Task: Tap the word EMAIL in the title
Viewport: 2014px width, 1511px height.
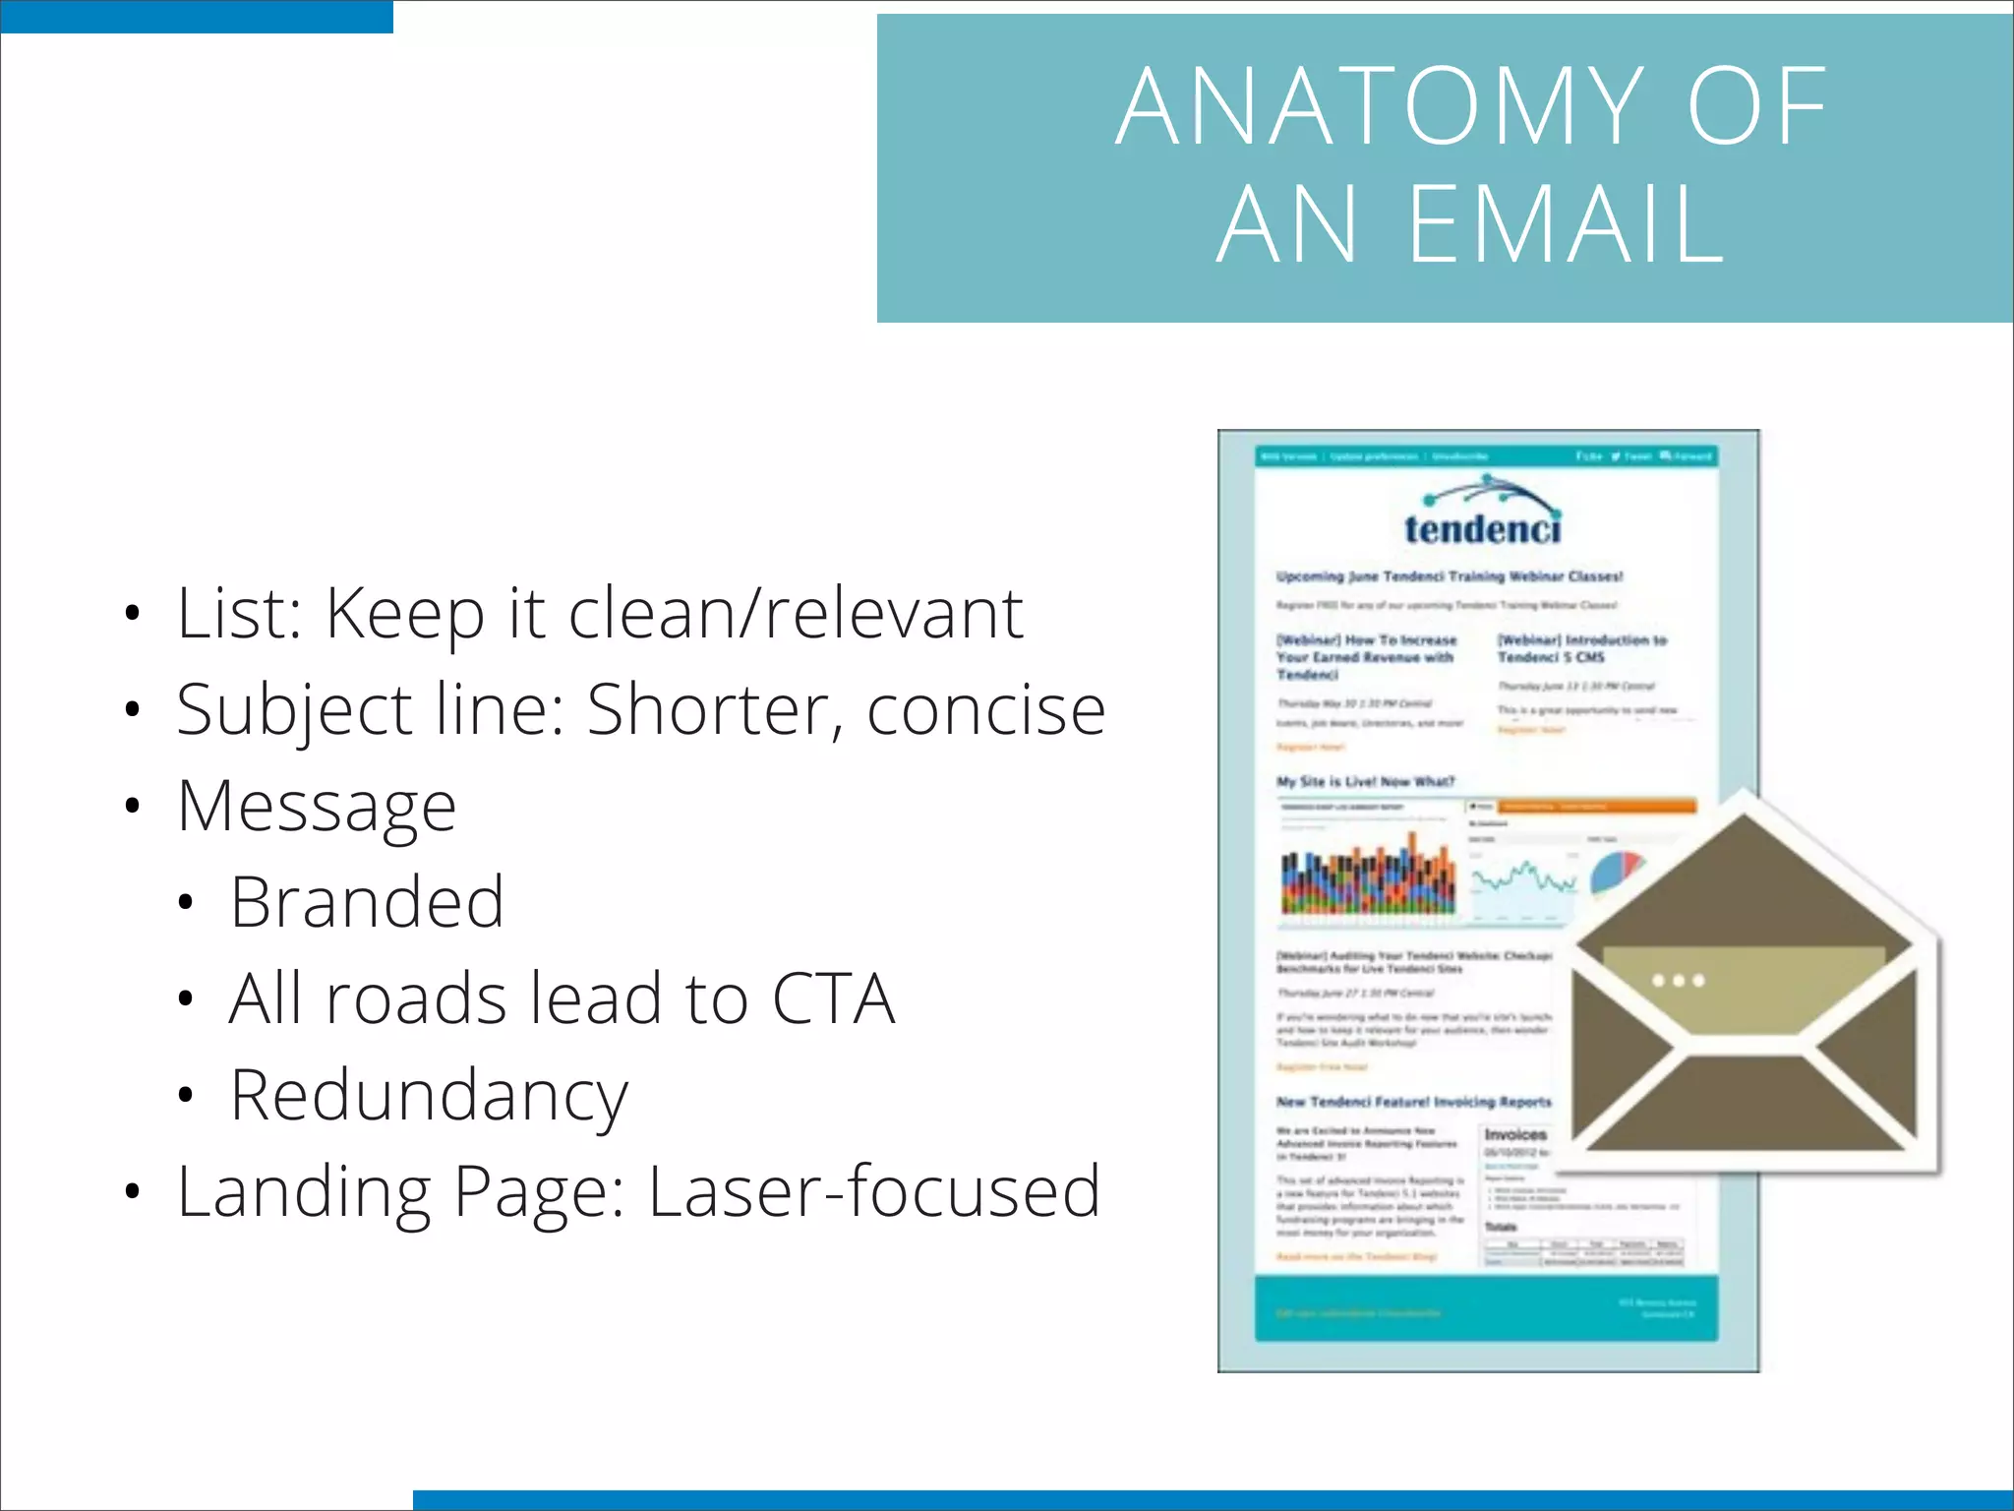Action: tap(1568, 225)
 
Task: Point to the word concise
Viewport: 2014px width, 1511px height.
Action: tap(986, 710)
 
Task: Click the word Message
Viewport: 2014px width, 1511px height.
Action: tap(317, 807)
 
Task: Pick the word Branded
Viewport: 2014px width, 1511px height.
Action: tap(367, 902)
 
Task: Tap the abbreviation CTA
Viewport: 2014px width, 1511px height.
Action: tap(833, 998)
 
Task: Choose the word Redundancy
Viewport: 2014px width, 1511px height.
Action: tap(429, 1096)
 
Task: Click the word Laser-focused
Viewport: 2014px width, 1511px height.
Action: tap(874, 1191)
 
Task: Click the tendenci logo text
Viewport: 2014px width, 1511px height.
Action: tap(1482, 529)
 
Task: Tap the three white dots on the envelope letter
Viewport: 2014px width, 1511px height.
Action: tap(1679, 981)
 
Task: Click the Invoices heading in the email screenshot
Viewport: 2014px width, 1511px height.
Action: tap(1515, 1134)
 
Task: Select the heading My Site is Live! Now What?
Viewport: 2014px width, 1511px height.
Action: tap(1365, 782)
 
